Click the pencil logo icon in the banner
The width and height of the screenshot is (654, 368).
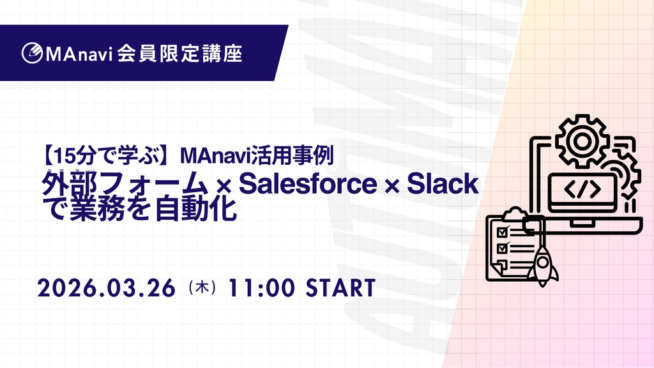click(x=32, y=54)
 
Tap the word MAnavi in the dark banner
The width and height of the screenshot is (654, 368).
click(x=79, y=54)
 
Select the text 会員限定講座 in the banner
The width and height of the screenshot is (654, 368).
click(x=179, y=54)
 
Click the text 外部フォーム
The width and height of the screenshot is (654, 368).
click(x=125, y=184)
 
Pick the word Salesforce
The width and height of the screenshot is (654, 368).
click(x=308, y=183)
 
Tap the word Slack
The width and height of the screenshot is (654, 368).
click(x=443, y=183)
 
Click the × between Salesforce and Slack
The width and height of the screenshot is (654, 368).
click(x=392, y=187)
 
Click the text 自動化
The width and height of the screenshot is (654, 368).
click(x=196, y=209)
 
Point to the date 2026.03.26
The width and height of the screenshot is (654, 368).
click(x=107, y=288)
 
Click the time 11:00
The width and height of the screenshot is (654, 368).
click(x=261, y=288)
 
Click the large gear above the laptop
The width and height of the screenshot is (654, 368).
click(x=582, y=141)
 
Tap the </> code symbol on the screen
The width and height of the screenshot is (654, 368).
click(x=582, y=189)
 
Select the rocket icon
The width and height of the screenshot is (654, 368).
click(x=542, y=266)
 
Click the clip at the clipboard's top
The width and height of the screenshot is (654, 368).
click(x=515, y=213)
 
